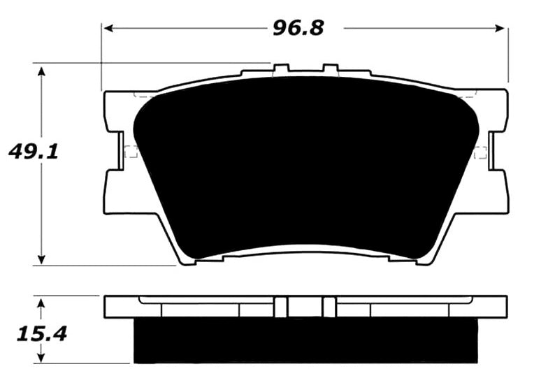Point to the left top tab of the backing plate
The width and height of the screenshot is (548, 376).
(281, 70)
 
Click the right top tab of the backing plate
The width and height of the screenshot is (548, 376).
(330, 70)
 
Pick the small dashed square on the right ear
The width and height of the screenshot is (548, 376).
(480, 152)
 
